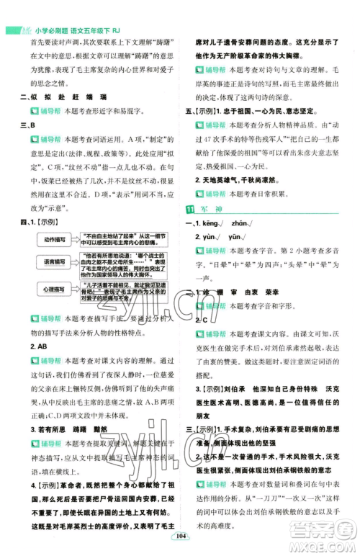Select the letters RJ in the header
(x=127, y=9)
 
